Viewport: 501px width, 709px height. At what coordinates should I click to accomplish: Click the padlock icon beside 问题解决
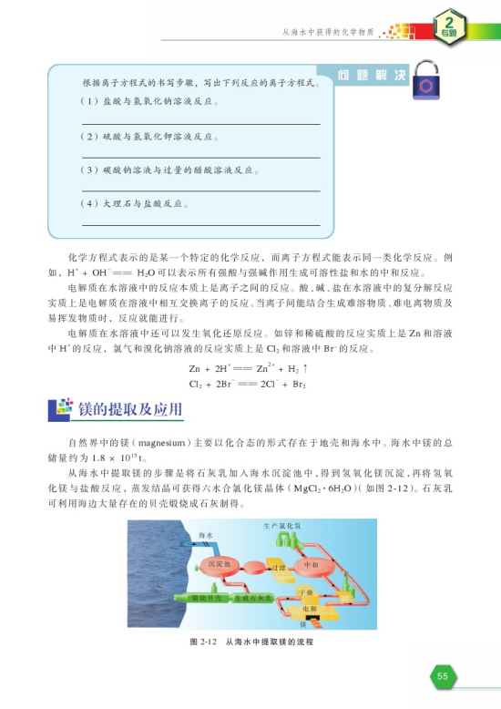click(x=424, y=78)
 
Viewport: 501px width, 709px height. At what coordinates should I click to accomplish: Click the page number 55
click(x=443, y=676)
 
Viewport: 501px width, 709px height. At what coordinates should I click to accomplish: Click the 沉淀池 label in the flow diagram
click(x=220, y=565)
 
